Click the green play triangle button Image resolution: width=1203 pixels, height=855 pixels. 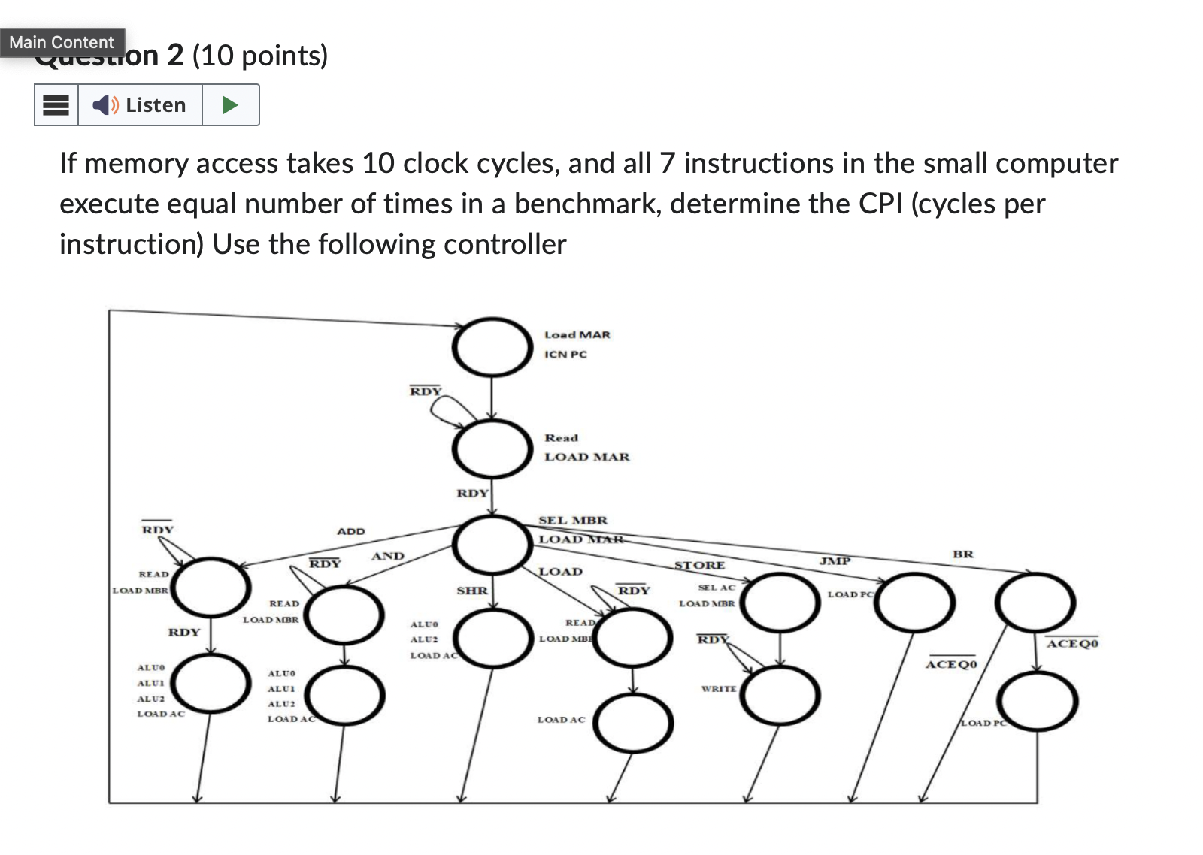231,105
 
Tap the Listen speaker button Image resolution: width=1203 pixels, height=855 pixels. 140,105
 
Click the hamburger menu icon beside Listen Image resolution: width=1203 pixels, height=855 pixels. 56,105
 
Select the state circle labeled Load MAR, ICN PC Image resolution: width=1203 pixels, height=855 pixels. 492,346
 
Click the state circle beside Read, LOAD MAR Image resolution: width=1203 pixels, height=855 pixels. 492,448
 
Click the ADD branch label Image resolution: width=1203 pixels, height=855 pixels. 350,531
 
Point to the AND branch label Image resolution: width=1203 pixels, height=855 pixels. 387,556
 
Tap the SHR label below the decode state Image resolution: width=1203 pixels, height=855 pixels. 472,591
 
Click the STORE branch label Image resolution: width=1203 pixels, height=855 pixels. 699,565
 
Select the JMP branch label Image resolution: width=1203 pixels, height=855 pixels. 835,561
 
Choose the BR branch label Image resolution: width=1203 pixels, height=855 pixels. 962,554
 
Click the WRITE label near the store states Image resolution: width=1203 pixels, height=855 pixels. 718,688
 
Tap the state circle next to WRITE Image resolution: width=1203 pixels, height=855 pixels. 780,694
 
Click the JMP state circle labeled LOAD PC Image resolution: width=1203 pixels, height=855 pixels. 914,603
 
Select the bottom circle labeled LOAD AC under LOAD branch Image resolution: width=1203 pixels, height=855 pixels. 633,723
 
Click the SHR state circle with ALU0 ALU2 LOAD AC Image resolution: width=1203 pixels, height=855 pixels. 492,638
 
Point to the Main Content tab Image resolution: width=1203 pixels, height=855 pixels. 62,42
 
